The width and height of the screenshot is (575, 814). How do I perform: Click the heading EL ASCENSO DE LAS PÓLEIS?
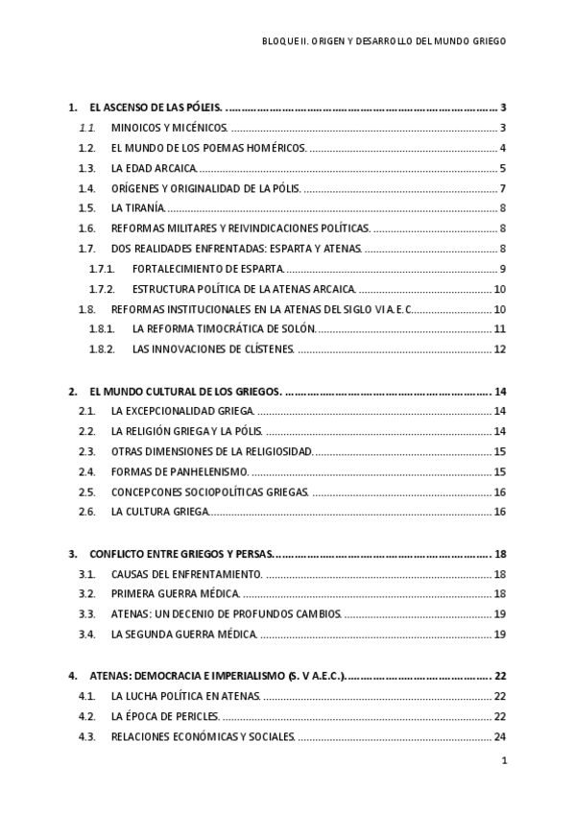pyautogui.click(x=156, y=108)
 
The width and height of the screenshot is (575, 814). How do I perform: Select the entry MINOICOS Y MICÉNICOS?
pyautogui.click(x=168, y=129)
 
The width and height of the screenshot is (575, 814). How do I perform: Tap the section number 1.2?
pyautogui.click(x=87, y=148)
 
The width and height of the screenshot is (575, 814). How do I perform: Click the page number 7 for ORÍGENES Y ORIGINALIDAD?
pyautogui.click(x=503, y=188)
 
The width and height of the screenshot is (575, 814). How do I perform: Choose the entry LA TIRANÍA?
pyautogui.click(x=137, y=208)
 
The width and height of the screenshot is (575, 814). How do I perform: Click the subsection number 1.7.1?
pyautogui.click(x=102, y=268)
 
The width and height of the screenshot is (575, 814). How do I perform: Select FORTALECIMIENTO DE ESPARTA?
pyautogui.click(x=202, y=268)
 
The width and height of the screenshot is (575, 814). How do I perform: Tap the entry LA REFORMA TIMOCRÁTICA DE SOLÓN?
pyautogui.click(x=225, y=329)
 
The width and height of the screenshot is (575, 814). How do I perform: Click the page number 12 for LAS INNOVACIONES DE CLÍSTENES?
pyautogui.click(x=499, y=349)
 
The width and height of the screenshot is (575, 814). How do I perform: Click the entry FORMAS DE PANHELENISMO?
pyautogui.click(x=180, y=471)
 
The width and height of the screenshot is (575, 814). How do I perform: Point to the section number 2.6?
pyautogui.click(x=87, y=512)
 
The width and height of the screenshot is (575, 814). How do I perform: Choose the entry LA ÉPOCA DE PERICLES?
pyautogui.click(x=165, y=716)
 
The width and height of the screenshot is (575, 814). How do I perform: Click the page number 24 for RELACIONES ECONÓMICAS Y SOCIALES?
pyautogui.click(x=499, y=736)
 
